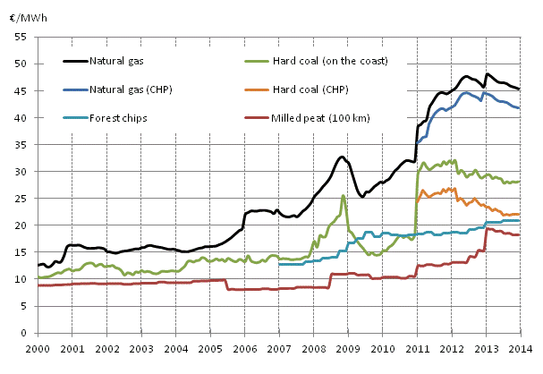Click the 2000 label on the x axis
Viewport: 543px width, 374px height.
38,347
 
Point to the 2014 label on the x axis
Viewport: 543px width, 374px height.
523,347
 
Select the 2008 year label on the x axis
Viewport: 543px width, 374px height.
315,347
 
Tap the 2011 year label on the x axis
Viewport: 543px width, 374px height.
420,347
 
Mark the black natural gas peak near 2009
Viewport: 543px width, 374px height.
342,157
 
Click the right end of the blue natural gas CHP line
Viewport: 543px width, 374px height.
520,108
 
